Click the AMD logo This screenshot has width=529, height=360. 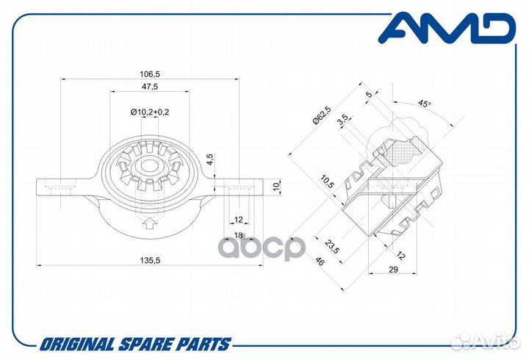(x=447, y=28)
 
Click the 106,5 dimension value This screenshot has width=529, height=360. (x=149, y=73)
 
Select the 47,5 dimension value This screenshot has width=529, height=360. (x=149, y=87)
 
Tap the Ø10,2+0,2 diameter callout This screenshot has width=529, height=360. (x=149, y=112)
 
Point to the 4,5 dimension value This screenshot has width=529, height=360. (x=210, y=159)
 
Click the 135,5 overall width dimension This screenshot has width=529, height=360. (x=149, y=260)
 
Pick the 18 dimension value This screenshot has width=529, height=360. (x=239, y=235)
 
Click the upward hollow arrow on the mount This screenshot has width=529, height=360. (x=148, y=223)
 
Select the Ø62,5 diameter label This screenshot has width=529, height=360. (x=322, y=115)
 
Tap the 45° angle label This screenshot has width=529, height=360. (x=425, y=104)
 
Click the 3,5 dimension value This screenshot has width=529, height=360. (x=343, y=120)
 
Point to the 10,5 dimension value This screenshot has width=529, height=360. (x=327, y=182)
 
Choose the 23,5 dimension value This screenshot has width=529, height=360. (x=332, y=246)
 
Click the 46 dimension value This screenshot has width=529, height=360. (x=319, y=261)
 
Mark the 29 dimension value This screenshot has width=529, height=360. (x=393, y=269)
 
